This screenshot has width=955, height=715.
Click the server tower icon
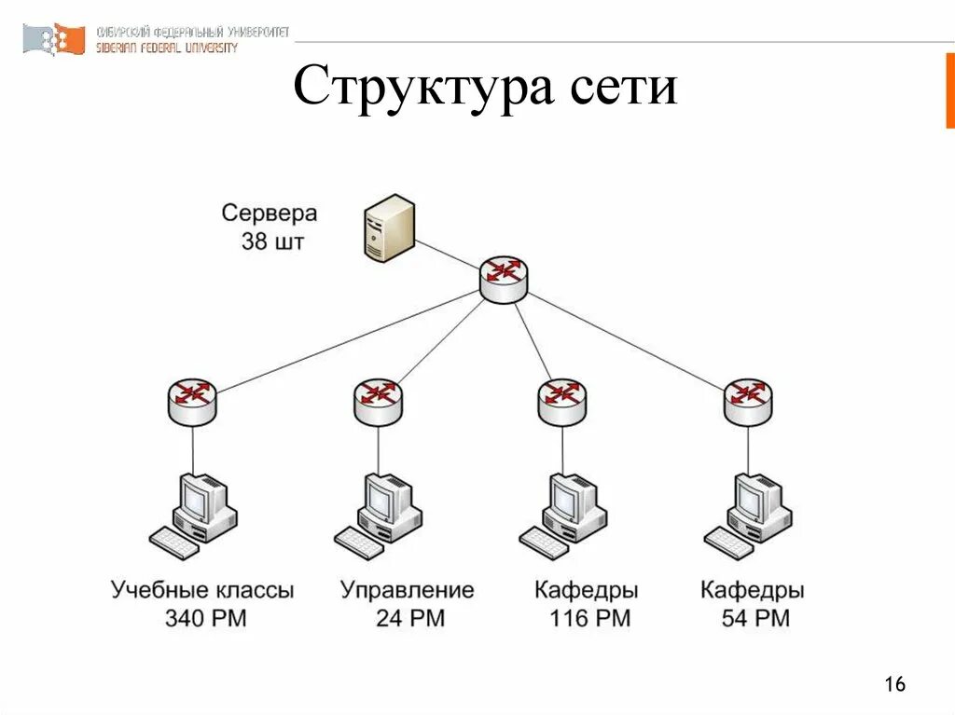[389, 227]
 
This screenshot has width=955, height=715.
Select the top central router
[504, 278]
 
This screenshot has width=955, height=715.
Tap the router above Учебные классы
[192, 400]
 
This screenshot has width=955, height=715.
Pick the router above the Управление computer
[378, 400]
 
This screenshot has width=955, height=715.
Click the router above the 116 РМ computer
[562, 400]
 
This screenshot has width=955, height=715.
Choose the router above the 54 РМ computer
[748, 400]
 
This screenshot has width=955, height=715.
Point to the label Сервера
[270, 213]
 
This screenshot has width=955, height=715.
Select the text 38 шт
[271, 242]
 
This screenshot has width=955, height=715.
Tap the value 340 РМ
[205, 617]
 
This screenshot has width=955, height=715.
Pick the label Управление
[407, 589]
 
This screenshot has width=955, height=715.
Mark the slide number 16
[894, 685]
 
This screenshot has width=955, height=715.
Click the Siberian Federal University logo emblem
[54, 39]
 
